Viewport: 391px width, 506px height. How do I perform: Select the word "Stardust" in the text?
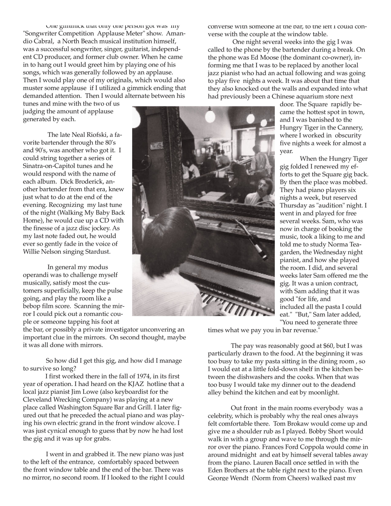(98, 251)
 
